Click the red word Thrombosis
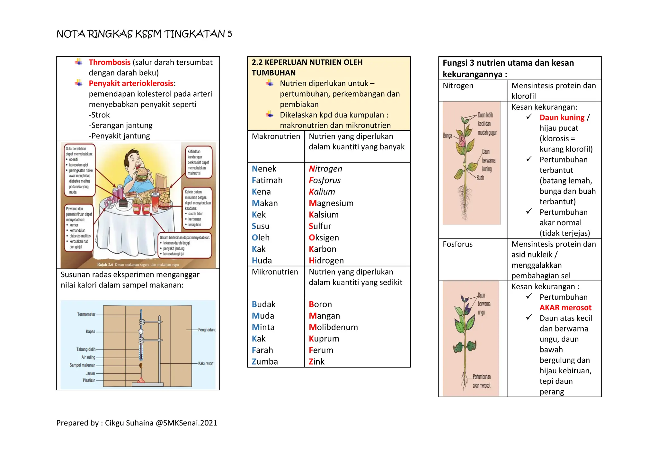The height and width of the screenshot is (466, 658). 109,62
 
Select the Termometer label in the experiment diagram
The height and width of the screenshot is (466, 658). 86,314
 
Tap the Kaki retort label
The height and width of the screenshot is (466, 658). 206,364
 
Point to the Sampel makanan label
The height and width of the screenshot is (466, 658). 82,365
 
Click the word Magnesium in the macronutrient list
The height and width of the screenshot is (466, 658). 331,203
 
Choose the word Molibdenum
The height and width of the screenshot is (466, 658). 333,327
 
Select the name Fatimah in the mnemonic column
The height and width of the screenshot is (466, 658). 267,181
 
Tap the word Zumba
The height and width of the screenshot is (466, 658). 265,362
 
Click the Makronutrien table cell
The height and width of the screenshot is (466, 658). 276,136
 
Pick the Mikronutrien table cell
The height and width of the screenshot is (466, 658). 275,272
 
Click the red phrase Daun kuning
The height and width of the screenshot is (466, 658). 562,118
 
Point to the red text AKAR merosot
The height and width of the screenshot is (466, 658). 565,308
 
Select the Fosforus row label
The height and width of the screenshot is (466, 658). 458,244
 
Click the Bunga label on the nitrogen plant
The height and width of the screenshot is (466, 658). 447,136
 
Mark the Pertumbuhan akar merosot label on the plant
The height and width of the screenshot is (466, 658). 481,381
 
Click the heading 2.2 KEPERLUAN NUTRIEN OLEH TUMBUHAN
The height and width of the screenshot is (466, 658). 307,68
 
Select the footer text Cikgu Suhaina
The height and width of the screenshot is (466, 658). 129,423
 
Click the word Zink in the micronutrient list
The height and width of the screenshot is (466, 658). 316,362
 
